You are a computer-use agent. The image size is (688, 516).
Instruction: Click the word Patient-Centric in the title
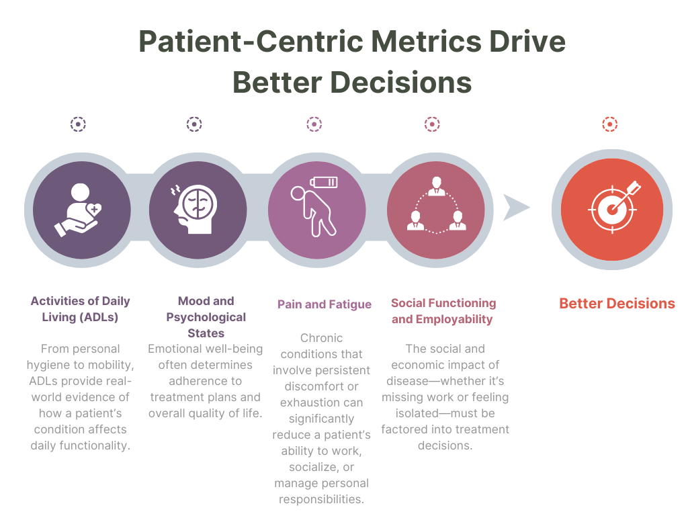pyautogui.click(x=251, y=42)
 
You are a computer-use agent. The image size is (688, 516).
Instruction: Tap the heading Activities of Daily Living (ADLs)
pyautogui.click(x=81, y=309)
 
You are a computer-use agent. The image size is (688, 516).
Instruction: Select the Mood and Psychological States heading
pyautogui.click(x=206, y=317)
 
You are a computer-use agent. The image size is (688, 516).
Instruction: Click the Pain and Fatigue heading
pyautogui.click(x=325, y=304)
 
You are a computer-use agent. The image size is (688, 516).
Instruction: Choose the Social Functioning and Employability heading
pyautogui.click(x=443, y=310)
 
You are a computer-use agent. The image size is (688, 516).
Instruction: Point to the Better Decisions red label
pyautogui.click(x=617, y=303)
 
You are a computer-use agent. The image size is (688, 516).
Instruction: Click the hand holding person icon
pyautogui.click(x=79, y=210)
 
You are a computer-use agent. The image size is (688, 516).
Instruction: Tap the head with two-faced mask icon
pyautogui.click(x=194, y=209)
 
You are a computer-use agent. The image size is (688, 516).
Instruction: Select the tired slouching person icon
pyautogui.click(x=313, y=212)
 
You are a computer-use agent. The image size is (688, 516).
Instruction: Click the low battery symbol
pyautogui.click(x=324, y=182)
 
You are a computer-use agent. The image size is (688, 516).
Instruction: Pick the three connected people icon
pyautogui.click(x=436, y=205)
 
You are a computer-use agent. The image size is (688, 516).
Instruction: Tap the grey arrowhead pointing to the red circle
pyautogui.click(x=515, y=207)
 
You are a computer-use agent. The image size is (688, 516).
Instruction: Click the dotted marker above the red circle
pyautogui.click(x=610, y=124)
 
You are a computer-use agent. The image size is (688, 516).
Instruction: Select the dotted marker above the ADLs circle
pyautogui.click(x=78, y=124)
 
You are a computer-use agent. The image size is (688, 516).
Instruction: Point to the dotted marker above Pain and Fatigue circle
pyautogui.click(x=314, y=124)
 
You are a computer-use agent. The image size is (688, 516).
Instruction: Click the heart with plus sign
pyautogui.click(x=94, y=210)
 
